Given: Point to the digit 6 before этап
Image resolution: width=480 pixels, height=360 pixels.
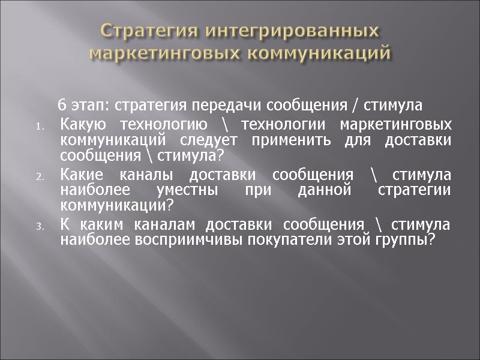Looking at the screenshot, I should [x=61, y=106].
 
